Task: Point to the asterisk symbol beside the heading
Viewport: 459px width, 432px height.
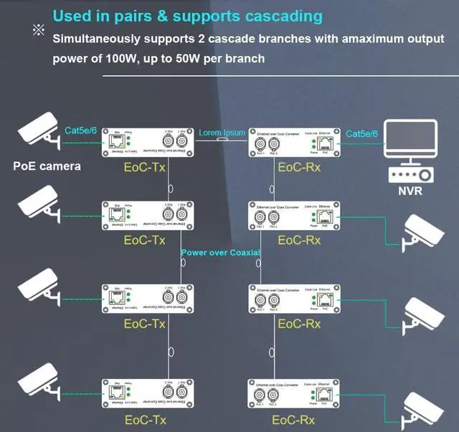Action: tap(38, 29)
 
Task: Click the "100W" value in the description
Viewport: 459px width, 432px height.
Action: tap(119, 58)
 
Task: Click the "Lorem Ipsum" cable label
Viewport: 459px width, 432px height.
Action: tap(222, 133)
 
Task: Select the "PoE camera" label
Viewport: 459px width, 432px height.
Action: tap(47, 166)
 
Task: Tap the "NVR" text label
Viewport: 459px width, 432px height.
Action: tap(411, 191)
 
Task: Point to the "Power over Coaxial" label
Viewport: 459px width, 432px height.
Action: tap(220, 252)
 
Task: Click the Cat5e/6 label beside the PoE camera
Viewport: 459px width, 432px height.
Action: tap(80, 130)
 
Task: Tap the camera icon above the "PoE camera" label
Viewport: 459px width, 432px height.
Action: tap(39, 132)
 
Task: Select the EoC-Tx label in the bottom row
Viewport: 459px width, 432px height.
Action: tap(145, 420)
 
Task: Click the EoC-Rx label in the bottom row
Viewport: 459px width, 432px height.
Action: tap(296, 420)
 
